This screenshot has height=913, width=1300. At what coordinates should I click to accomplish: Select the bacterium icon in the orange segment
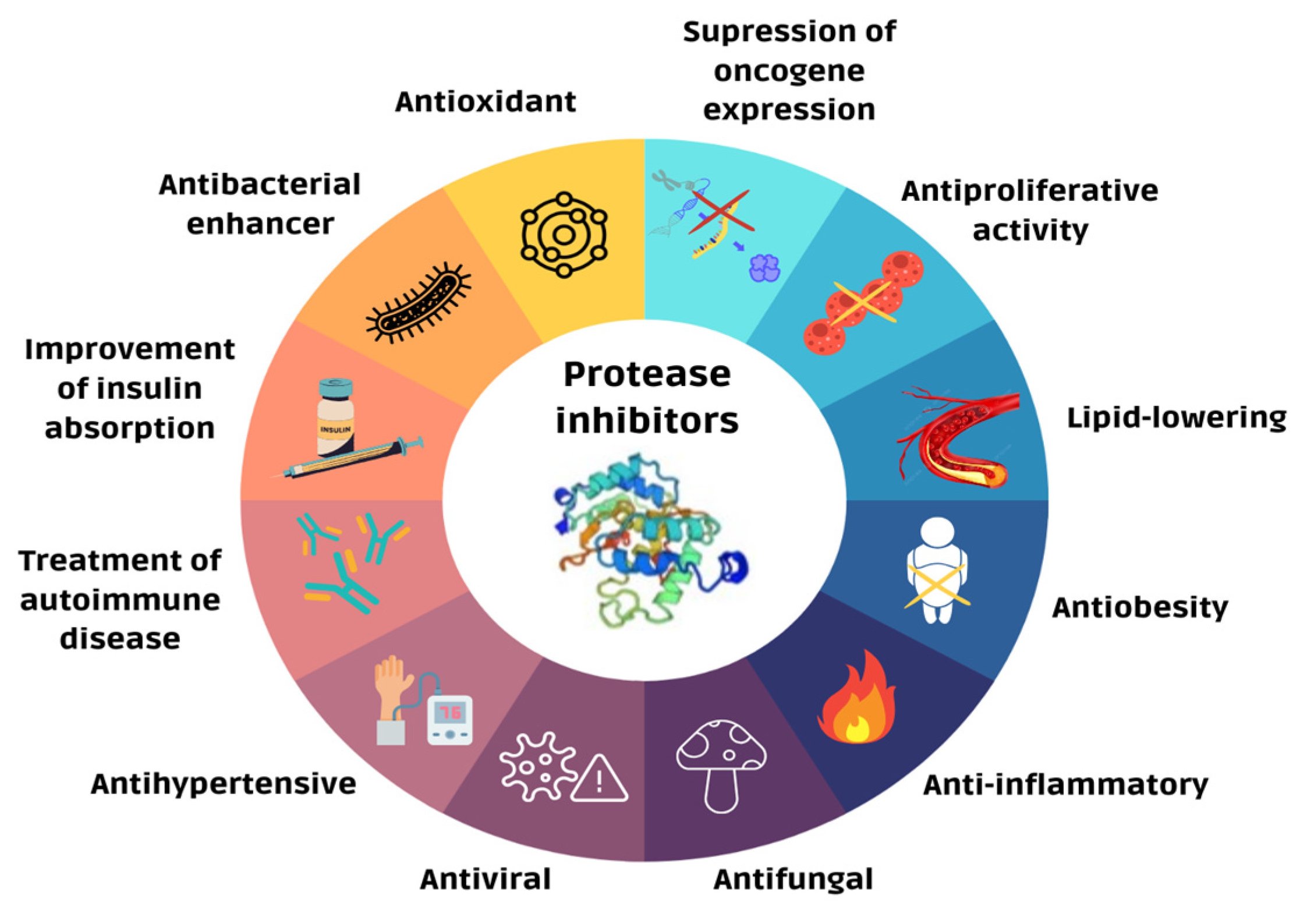(418, 303)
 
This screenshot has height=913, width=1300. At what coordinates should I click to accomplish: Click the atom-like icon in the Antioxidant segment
(564, 235)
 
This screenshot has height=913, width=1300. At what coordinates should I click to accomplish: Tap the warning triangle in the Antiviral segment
(600, 780)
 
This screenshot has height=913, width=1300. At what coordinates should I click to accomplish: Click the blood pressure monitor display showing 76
(449, 713)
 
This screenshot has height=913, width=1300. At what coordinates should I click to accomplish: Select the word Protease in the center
(646, 374)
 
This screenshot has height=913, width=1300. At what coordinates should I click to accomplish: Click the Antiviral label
(485, 879)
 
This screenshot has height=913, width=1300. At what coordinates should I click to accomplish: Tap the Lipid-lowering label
(1176, 418)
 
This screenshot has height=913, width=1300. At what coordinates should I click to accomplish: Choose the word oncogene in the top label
(789, 71)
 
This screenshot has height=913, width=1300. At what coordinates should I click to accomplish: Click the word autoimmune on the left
(120, 600)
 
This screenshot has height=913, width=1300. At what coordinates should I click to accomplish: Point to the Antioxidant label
(485, 102)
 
